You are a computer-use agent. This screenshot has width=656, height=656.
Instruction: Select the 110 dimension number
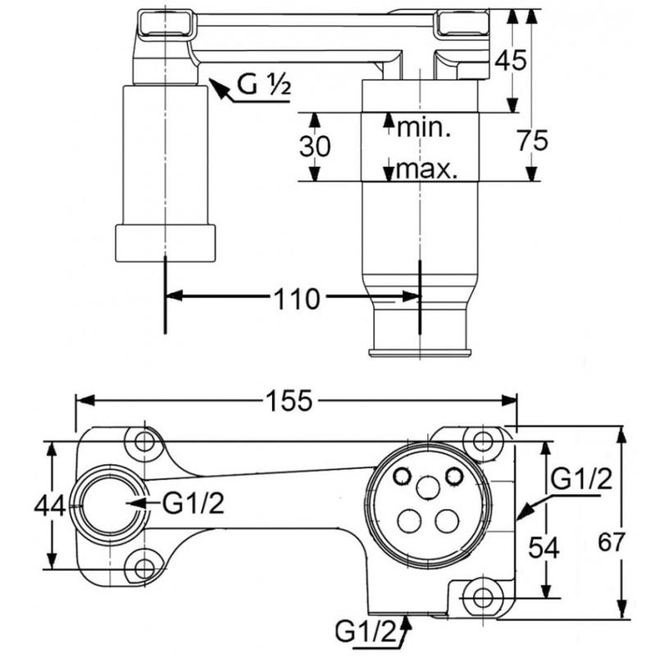point(295,299)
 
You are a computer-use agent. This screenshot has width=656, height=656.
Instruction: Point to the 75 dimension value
point(533,140)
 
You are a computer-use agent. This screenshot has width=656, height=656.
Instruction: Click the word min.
point(425,127)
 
